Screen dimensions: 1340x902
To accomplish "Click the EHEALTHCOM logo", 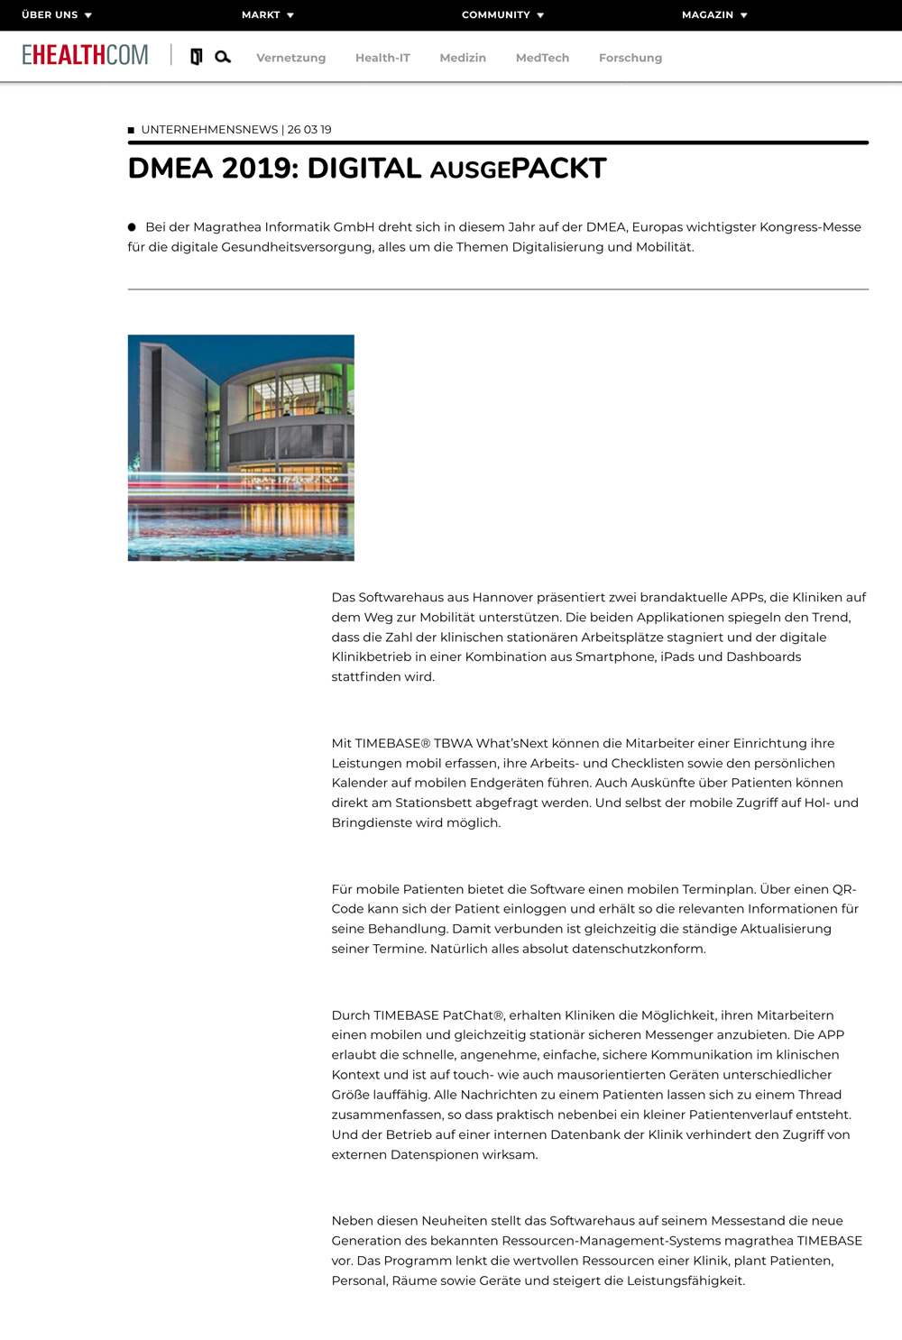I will (x=85, y=55).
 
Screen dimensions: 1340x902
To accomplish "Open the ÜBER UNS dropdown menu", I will (x=56, y=15).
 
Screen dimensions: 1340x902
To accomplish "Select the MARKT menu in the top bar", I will (x=267, y=15).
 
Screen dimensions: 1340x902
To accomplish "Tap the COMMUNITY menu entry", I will (x=502, y=15).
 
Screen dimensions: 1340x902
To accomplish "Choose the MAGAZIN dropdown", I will (x=714, y=15).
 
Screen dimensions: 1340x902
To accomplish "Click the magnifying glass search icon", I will (x=223, y=57).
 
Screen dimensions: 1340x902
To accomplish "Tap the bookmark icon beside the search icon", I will (x=196, y=57).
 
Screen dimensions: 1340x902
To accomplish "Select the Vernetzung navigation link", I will (x=290, y=58).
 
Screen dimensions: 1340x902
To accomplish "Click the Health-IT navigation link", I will (x=382, y=58).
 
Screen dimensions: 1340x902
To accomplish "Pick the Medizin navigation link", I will (x=463, y=58).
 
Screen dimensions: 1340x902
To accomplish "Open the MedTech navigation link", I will (x=542, y=58).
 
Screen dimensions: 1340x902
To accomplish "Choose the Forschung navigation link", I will (x=630, y=58).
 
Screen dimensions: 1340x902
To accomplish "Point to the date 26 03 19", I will (x=309, y=130).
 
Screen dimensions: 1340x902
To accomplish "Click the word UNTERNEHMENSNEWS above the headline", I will (x=209, y=130).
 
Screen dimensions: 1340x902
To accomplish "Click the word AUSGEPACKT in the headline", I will (x=518, y=169).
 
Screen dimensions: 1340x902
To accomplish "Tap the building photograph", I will (x=241, y=447).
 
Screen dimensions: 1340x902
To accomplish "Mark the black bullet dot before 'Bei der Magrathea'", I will (x=132, y=227).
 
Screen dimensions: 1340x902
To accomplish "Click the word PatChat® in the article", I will (x=473, y=1015).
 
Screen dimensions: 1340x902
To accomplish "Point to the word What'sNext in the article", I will (x=512, y=743).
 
